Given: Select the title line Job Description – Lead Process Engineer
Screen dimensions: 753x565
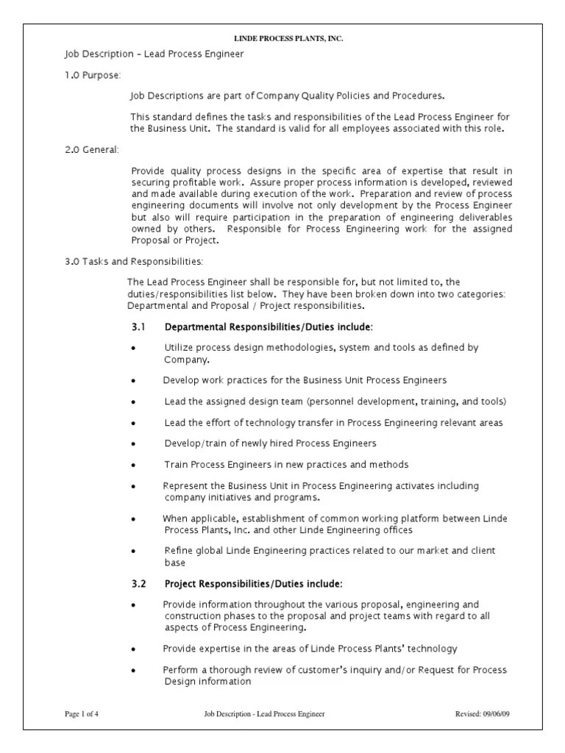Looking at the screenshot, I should (154, 54).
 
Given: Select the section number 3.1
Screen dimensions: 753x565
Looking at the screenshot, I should (139, 326).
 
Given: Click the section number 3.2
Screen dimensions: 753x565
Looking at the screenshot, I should (139, 584).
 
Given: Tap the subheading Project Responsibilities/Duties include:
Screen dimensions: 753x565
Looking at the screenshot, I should (253, 584).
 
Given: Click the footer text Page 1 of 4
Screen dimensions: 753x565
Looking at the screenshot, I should (82, 713).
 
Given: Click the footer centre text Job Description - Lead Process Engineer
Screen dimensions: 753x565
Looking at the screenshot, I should (264, 713).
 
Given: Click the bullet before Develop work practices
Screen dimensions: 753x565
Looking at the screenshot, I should (133, 381).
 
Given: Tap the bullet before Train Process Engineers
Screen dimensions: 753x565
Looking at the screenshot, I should (133, 465).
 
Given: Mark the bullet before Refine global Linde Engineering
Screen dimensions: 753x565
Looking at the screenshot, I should (133, 551).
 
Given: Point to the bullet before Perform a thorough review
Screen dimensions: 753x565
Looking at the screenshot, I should (133, 671).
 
